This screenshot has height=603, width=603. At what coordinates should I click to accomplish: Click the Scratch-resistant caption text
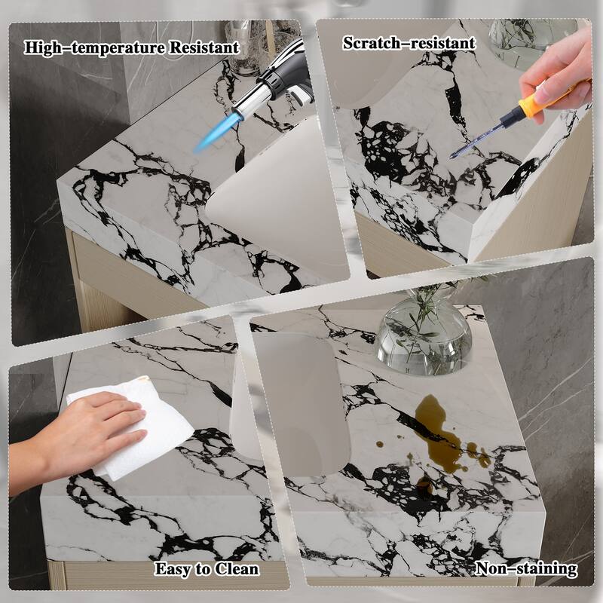pyautogui.click(x=409, y=43)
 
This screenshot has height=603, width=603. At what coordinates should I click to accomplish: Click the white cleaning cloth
pyautogui.click(x=136, y=430)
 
